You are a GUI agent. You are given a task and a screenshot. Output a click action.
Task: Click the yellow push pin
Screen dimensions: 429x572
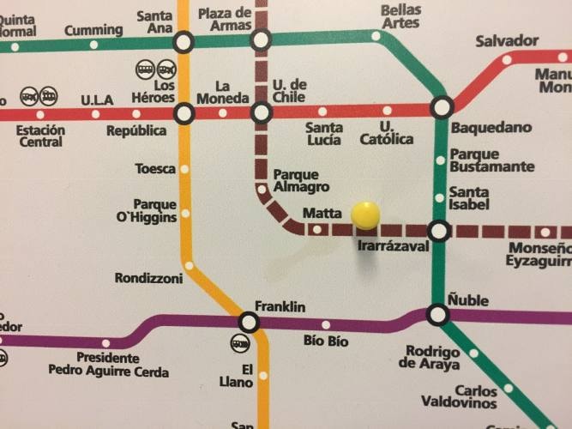click(365, 214)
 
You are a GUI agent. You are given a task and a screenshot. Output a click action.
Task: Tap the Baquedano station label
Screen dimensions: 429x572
click(491, 127)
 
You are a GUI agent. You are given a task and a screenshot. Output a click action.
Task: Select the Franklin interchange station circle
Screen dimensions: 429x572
click(249, 322)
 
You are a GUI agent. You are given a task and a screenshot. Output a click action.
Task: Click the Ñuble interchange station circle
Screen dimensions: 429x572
click(438, 315)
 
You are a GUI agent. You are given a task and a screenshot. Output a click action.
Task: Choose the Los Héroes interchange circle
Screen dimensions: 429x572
click(184, 112)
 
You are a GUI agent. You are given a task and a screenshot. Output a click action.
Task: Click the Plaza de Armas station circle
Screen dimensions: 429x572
click(260, 39)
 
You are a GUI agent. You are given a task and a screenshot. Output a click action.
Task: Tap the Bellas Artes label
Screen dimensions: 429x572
click(400, 16)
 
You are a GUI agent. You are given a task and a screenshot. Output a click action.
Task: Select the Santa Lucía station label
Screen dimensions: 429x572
click(324, 133)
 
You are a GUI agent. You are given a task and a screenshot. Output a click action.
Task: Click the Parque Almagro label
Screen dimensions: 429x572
click(300, 180)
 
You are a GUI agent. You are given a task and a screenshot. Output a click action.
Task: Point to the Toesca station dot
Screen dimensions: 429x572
click(184, 169)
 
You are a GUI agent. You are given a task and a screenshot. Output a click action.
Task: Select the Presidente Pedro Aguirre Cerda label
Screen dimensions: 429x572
click(108, 365)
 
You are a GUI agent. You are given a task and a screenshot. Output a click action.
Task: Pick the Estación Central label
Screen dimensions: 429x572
click(40, 136)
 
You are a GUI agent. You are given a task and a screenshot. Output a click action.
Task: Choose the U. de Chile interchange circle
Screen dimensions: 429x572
click(261, 112)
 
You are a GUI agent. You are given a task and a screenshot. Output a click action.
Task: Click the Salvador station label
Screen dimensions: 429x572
click(507, 40)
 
